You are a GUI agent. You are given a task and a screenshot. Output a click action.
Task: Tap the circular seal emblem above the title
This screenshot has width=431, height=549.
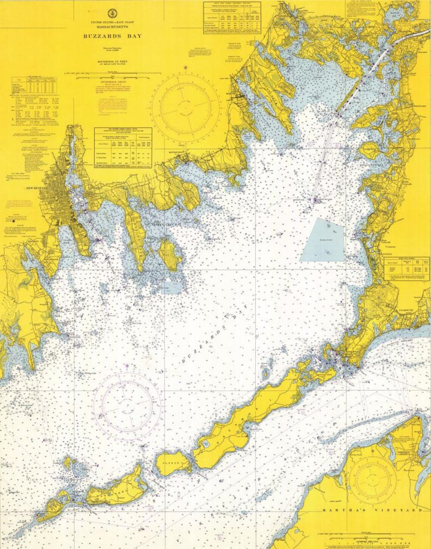click(x=113, y=14)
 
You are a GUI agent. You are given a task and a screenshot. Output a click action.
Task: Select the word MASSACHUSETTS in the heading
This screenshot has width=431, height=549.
click(x=113, y=27)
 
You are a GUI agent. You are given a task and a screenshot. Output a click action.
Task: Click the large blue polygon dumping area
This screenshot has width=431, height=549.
click(x=324, y=240)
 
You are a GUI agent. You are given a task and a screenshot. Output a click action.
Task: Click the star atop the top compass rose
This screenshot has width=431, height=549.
click(x=185, y=68)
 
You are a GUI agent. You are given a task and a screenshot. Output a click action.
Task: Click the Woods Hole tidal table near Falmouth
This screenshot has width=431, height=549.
click(x=407, y=268)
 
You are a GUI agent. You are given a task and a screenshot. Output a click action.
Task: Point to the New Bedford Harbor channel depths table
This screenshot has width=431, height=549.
click(x=123, y=147)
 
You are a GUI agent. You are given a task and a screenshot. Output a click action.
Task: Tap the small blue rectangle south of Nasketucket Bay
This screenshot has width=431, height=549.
click(x=171, y=288)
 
